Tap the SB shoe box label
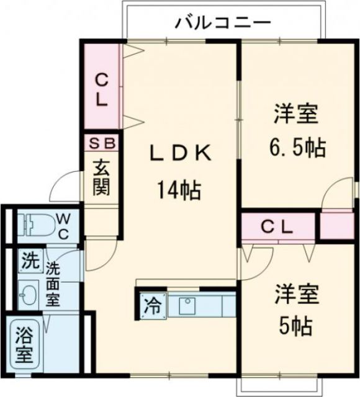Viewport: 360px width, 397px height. tap(101, 143)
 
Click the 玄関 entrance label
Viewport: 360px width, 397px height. tap(101, 178)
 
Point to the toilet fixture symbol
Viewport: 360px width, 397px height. tap(35, 225)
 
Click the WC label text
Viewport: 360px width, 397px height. tap(65, 226)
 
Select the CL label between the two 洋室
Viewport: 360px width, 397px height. tap(276, 227)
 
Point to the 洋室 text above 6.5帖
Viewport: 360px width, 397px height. tap(297, 115)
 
